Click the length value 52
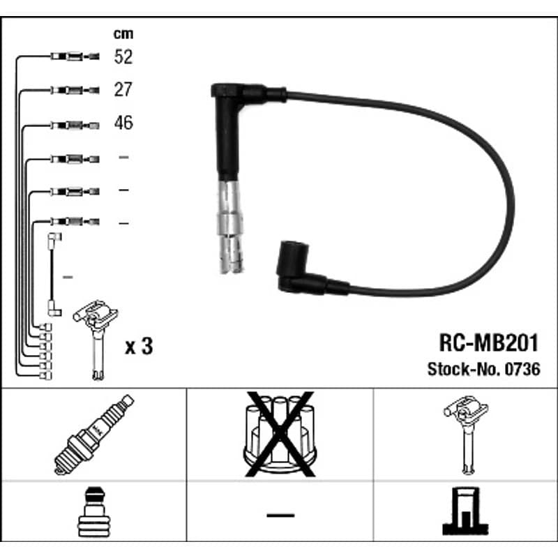tap(123, 56)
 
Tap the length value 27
tap(123, 89)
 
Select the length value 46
tap(123, 123)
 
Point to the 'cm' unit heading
tap(123, 33)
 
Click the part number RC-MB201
tap(489, 343)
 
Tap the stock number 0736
tap(522, 369)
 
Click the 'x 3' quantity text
tap(139, 346)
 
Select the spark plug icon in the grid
tap(94, 435)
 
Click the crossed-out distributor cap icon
tap(280, 434)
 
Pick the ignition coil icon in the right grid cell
tap(466, 435)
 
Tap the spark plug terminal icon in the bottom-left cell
tap(94, 512)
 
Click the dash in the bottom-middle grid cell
tap(280, 515)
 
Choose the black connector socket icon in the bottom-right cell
tap(465, 511)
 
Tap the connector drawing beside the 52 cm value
tap(75, 56)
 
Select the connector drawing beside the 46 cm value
tap(75, 126)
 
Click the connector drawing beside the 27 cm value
tap(75, 90)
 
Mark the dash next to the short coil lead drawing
tap(68, 277)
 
